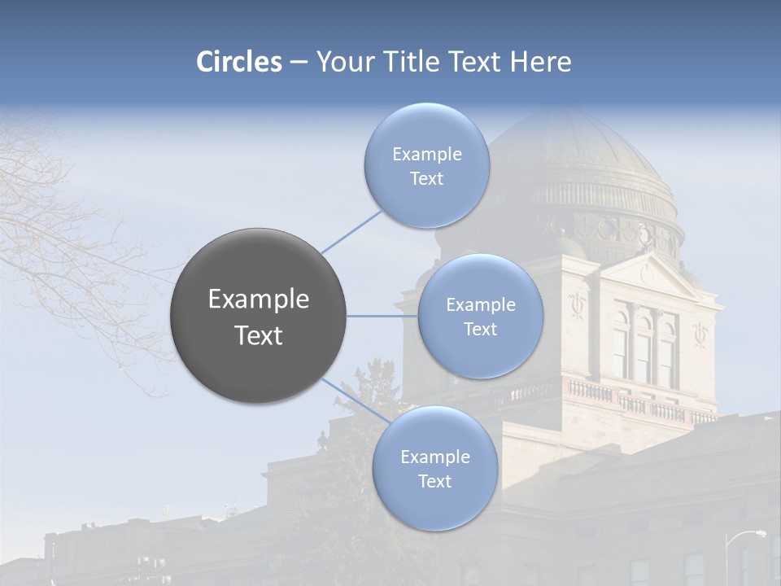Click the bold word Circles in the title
coord(239,62)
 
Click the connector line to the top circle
coord(351,230)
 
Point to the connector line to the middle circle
coord(382,316)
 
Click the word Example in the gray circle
coord(258,300)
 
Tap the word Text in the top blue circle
coord(426,179)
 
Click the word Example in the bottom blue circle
coord(434,457)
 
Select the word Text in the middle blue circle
coord(480,329)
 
